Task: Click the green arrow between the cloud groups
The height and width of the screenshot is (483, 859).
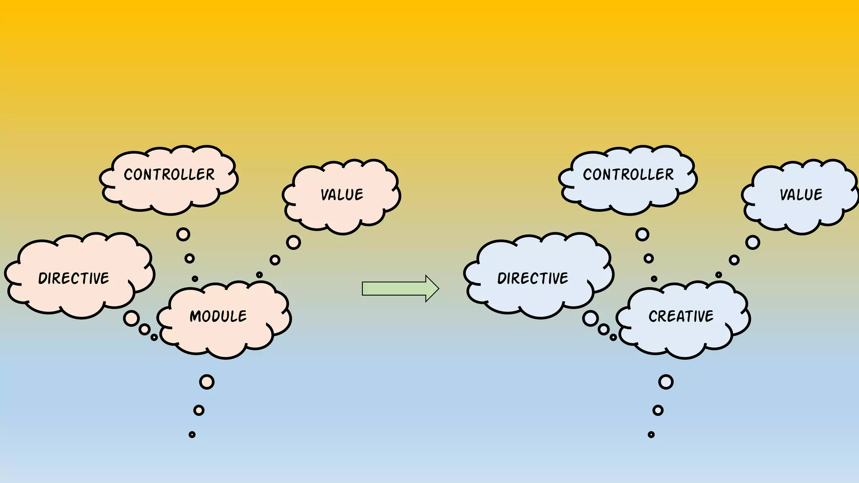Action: coord(400,288)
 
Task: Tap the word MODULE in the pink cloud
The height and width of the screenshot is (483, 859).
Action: coord(218,316)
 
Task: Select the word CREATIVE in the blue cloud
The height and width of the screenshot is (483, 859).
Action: coord(681,316)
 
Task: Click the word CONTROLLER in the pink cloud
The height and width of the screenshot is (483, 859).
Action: coord(169,174)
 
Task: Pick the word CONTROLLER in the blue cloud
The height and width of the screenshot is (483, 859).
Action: coord(628,174)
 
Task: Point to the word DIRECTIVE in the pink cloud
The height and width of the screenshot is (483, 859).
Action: coord(74,278)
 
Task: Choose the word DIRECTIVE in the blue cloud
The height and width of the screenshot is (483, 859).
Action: coord(533,278)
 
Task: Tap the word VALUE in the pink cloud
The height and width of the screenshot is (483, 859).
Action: coord(342,195)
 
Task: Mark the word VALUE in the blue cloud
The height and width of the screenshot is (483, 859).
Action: coord(801,195)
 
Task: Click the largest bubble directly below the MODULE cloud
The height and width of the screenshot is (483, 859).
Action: coord(207,382)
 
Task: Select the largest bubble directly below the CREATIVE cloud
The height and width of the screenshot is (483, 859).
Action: coord(666,382)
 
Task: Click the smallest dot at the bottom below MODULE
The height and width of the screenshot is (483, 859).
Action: coord(192,435)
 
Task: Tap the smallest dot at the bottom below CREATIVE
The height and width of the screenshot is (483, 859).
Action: coord(651,435)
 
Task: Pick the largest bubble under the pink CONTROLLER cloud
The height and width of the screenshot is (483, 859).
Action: coord(183,234)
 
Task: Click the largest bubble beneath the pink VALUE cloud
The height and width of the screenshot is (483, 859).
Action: coord(294,242)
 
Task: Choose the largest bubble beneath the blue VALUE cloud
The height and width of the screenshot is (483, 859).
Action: coord(753,242)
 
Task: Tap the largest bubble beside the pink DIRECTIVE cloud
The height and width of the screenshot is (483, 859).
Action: coord(131,319)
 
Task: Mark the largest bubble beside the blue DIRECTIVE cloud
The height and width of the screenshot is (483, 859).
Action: coord(591,319)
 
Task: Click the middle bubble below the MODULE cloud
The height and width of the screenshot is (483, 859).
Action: coord(199,410)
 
